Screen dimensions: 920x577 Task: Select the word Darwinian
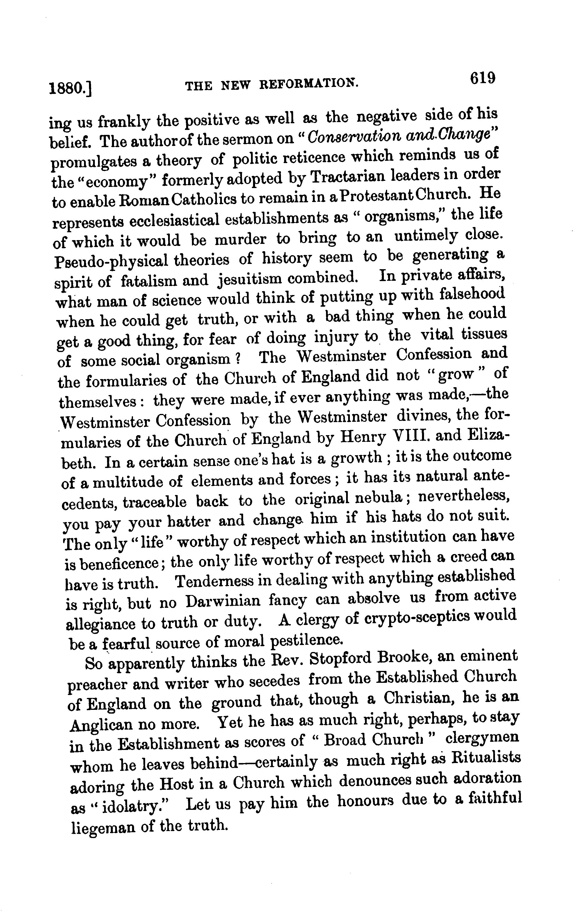tap(223, 601)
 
